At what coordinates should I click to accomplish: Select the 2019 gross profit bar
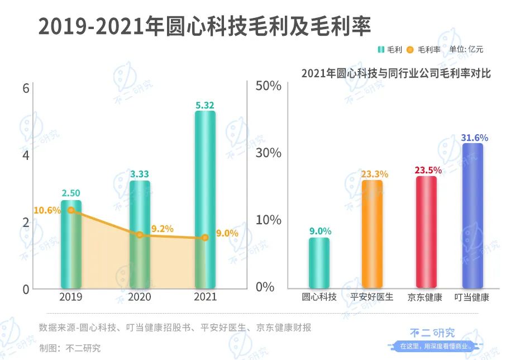(71, 252)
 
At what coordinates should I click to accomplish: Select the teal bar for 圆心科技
(319, 263)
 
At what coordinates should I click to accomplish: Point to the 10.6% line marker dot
(71, 210)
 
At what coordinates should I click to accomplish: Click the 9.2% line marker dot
(140, 235)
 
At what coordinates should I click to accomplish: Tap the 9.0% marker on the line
(204, 238)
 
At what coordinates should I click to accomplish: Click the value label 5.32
(204, 105)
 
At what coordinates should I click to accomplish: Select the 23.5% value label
(428, 170)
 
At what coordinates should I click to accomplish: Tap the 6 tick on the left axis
(26, 88)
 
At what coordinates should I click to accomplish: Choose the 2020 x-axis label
(140, 297)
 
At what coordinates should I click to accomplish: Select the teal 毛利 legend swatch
(380, 49)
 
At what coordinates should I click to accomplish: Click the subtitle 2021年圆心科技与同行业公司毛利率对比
(395, 73)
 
